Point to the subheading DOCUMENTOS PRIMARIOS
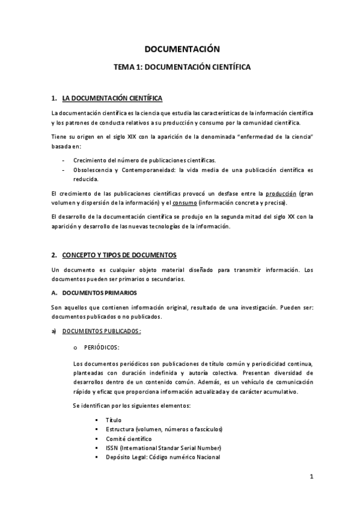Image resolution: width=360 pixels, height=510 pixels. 97,293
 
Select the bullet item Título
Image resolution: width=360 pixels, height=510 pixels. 113,419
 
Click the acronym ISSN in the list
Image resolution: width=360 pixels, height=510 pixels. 112,447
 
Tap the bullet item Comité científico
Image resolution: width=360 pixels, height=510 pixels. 129,438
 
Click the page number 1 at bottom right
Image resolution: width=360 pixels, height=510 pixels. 312,477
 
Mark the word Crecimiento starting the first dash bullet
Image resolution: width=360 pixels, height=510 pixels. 91,161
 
